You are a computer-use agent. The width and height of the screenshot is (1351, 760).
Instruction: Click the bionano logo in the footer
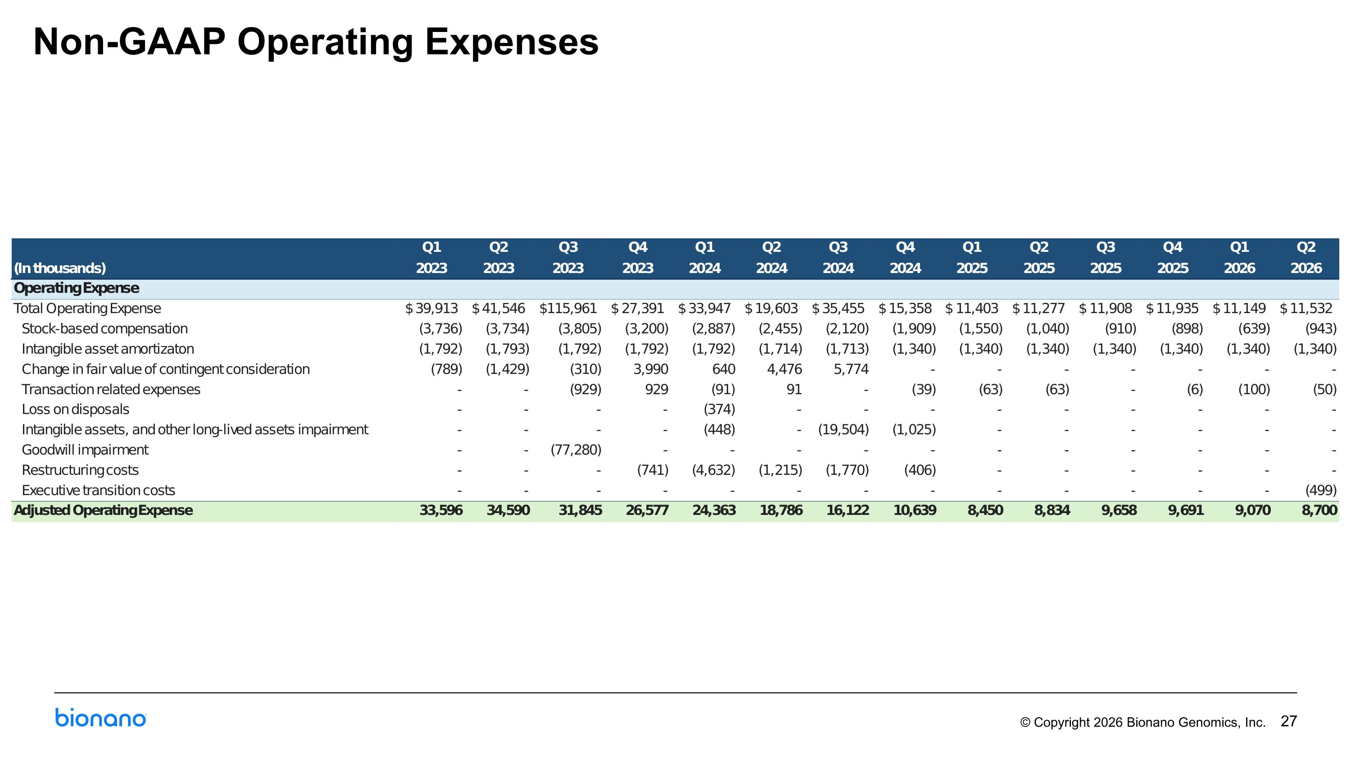[101, 718]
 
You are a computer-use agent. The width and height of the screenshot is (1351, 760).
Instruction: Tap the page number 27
[1288, 721]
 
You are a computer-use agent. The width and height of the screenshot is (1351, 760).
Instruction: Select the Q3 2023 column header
[568, 258]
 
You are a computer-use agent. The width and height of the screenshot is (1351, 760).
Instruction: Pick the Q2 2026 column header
[1306, 258]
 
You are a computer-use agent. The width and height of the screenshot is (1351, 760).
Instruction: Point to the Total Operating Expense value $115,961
[568, 309]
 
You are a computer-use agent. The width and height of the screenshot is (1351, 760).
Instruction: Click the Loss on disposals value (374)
[719, 409]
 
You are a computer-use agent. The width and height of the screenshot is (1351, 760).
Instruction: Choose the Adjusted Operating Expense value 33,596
[441, 510]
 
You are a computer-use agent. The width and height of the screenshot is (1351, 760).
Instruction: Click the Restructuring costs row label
[80, 470]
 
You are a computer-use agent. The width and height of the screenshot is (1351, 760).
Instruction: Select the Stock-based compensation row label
[104, 328]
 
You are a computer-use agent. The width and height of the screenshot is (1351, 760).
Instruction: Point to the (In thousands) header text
[60, 268]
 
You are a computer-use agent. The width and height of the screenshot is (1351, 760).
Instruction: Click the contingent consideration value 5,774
[851, 369]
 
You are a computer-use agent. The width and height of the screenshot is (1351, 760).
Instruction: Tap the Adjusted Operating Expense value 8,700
[1319, 510]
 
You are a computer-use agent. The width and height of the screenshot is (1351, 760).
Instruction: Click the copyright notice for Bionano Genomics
[1143, 722]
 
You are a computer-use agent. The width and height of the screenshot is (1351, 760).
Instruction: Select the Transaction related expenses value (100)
[1254, 389]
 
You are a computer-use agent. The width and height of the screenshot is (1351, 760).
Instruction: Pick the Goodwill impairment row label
[85, 450]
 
